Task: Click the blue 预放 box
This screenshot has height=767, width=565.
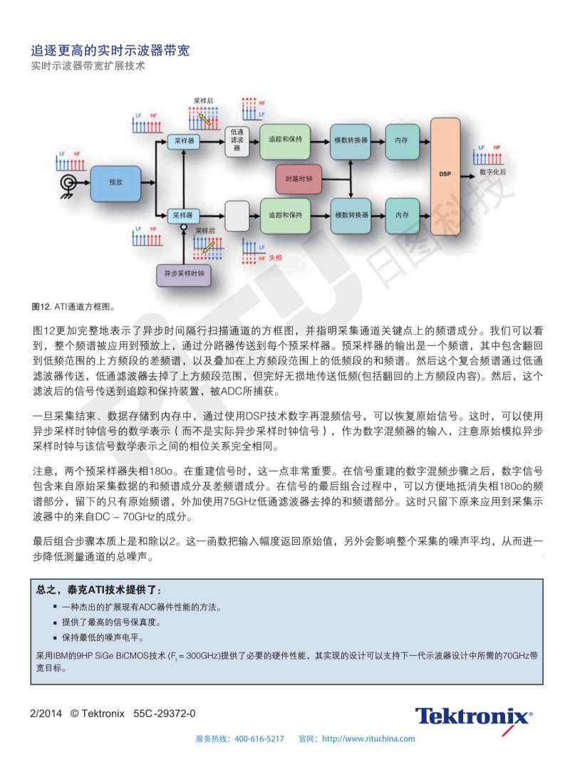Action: click(115, 183)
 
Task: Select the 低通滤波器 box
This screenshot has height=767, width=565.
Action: click(237, 141)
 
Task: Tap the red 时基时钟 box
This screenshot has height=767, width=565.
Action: click(299, 179)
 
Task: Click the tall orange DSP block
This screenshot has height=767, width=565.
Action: click(445, 176)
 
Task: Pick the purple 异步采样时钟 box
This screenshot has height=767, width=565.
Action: click(184, 274)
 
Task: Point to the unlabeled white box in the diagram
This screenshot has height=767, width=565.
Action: click(237, 216)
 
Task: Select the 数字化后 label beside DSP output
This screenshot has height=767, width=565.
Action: click(492, 172)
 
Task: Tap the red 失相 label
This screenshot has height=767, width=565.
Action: click(276, 258)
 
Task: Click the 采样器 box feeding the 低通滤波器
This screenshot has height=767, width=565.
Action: click(184, 141)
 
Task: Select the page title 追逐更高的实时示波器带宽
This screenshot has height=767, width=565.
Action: click(110, 50)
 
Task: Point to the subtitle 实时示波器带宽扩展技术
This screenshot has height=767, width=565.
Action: click(88, 66)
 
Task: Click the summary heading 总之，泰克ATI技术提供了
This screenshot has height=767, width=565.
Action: click(99, 590)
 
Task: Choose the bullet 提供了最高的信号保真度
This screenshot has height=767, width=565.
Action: click(112, 622)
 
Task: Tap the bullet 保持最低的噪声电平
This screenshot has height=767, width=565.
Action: click(103, 637)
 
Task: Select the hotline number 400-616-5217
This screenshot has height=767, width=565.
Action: click(259, 739)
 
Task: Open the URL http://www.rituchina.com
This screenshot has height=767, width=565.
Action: click(368, 739)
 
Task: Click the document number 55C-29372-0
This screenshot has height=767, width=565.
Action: click(165, 714)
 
